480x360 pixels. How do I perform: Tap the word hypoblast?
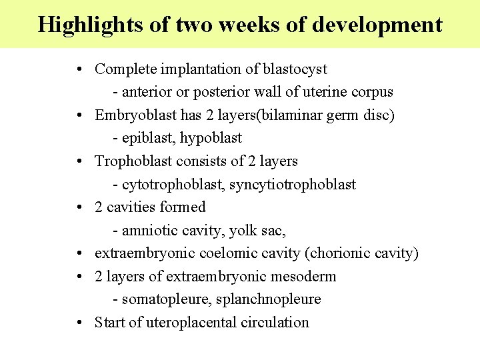pos(211,138)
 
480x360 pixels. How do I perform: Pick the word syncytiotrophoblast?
pos(293,184)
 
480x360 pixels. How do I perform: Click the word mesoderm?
pos(303,276)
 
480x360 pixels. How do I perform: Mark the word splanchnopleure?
pos(269,299)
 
